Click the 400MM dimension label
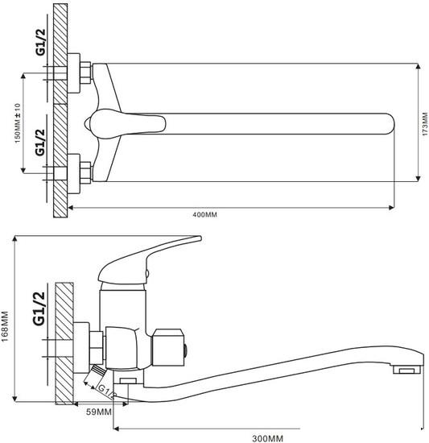coord(205,215)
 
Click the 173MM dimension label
coord(425,124)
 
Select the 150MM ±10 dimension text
coord(18,123)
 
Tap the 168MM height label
coord(5,326)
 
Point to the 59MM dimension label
coord(99,412)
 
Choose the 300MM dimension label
coord(267,438)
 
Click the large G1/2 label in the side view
coord(39,308)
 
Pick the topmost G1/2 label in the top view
coord(40,42)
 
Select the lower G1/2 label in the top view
coord(40,143)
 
